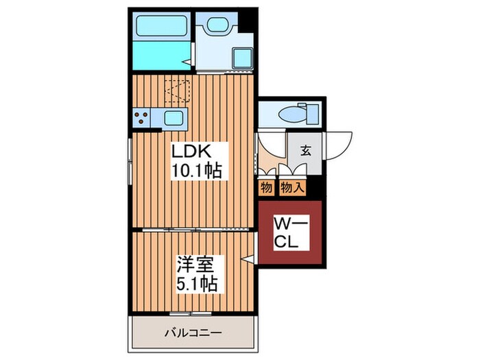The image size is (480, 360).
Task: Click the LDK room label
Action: pos(191,152)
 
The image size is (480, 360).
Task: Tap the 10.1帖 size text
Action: pos(197,171)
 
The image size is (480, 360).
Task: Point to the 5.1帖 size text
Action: pos(197,284)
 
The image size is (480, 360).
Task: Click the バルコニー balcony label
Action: pos(193,333)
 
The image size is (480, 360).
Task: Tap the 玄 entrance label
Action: pos(306,151)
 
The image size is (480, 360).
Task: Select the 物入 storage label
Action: pos(292,187)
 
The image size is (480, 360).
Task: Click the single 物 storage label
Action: pos(266,187)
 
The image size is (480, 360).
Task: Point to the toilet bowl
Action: pos(292,115)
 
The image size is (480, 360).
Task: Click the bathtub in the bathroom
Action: pos(161,26)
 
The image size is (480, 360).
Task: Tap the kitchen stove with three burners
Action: pos(141,118)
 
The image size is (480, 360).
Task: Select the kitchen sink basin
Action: pos(173,118)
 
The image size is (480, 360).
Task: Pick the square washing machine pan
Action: pos(243,58)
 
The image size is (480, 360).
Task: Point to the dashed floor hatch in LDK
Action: pos(178,91)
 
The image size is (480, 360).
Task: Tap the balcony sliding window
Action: pos(191,313)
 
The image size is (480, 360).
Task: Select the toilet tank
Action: pos(312,114)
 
